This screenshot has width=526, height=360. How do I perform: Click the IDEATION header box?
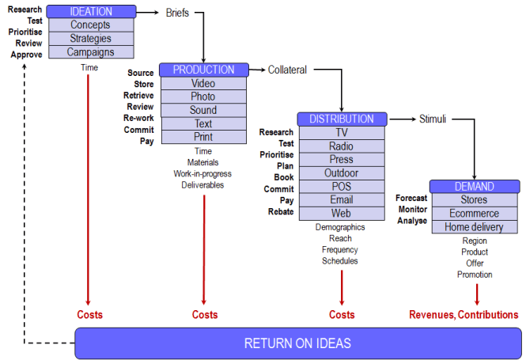pos(91,12)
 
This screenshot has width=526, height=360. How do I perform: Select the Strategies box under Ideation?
pos(90,39)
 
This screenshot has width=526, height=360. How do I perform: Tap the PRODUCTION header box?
pos(203,70)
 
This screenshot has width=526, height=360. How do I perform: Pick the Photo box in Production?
pos(203,97)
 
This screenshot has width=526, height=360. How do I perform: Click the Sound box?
pos(203,110)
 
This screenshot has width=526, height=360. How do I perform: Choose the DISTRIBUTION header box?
pos(342,119)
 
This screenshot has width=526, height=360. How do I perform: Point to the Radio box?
pos(342,146)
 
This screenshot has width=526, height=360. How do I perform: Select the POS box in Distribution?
pos(342,186)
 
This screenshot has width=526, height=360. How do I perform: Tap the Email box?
pos(342,199)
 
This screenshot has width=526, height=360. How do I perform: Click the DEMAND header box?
pos(475,187)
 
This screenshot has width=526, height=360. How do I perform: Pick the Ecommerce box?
pos(475,214)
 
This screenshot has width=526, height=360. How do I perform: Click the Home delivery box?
pos(475,227)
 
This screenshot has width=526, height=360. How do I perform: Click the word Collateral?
pos(287,70)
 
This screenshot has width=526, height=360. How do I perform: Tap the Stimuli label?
pos(433,119)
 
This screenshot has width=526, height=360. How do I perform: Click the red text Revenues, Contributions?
pos(464,315)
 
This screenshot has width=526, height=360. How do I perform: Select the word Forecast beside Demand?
pos(411,198)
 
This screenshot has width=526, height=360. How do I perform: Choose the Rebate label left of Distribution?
pos(280,212)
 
